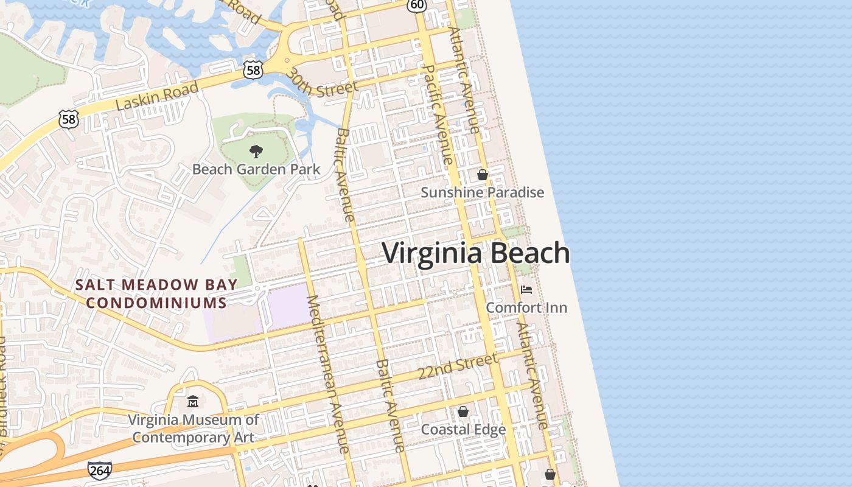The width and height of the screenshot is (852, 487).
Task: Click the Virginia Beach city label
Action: click(x=476, y=253)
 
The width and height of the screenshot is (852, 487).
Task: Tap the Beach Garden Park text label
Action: click(x=256, y=169)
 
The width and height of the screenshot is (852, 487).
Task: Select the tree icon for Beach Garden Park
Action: click(x=256, y=152)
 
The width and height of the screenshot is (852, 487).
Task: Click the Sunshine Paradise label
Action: click(x=483, y=192)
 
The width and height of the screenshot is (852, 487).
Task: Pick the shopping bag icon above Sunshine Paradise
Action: click(x=483, y=175)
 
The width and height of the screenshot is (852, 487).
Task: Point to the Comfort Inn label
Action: click(x=526, y=307)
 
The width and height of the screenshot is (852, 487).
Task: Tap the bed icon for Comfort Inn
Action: click(x=526, y=290)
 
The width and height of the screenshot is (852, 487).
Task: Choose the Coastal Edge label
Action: click(x=463, y=429)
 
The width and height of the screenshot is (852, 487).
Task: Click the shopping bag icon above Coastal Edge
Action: click(x=463, y=412)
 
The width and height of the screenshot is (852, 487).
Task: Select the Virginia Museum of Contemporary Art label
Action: click(x=193, y=428)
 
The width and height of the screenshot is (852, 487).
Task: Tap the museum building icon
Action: click(x=193, y=402)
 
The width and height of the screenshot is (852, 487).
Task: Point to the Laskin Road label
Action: click(x=157, y=96)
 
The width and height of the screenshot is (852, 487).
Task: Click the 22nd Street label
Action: click(x=458, y=367)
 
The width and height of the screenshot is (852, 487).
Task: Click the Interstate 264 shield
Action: click(x=100, y=470)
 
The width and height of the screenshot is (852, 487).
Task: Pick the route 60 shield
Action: click(x=417, y=4)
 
